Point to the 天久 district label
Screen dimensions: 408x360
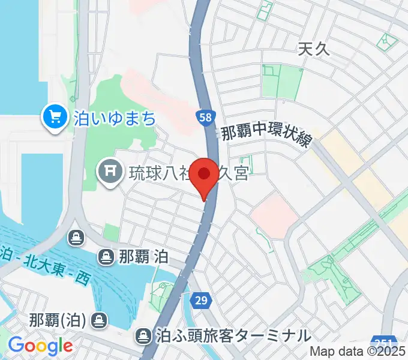pos(314,50)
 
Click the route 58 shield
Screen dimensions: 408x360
pos(205,117)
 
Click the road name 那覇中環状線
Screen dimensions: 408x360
pos(266,133)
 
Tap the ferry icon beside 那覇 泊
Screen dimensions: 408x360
pos(106,257)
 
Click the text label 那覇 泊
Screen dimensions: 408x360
pos(143,257)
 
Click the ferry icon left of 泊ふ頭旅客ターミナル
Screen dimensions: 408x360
pos(143,335)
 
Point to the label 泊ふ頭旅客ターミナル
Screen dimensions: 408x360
pos(234,335)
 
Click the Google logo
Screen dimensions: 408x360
pos(40,346)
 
